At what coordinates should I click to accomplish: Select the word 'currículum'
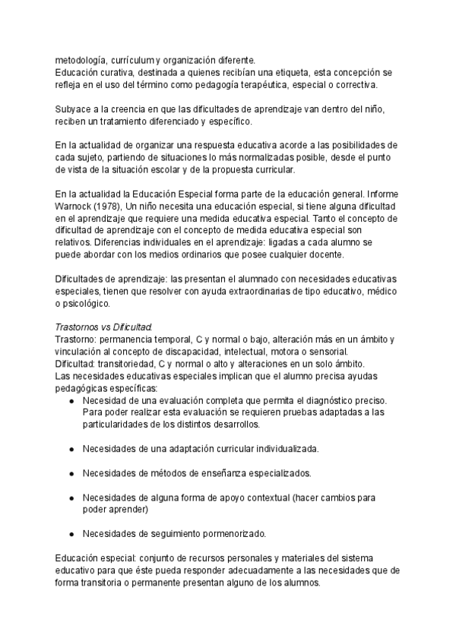[133, 61]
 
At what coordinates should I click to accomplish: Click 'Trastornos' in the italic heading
[78, 326]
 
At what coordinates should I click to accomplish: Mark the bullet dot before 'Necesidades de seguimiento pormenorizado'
[71, 532]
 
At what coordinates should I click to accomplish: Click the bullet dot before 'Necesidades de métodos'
[71, 472]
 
